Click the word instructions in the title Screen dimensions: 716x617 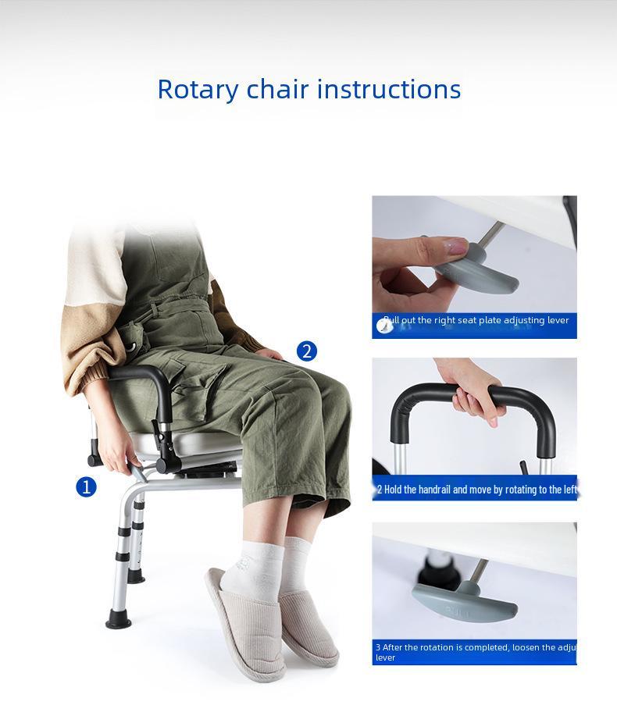(389, 90)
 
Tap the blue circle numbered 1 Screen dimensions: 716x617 (86, 487)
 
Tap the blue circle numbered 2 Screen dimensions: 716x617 (307, 351)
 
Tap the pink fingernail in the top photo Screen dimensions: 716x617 (455, 248)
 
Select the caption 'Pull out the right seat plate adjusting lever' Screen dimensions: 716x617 (476, 320)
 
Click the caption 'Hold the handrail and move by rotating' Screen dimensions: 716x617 (476, 490)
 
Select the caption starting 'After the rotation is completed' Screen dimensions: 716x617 (474, 652)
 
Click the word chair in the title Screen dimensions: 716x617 (277, 90)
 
